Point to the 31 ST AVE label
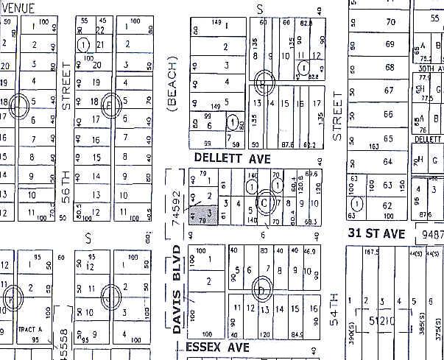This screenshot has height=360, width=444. point(377,233)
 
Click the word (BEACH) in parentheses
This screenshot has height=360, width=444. point(174,86)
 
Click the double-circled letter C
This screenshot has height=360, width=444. point(264,201)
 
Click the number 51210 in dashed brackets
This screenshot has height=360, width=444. point(391,321)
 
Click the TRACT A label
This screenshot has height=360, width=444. point(28,330)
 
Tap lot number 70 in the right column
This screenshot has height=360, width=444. point(391,23)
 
